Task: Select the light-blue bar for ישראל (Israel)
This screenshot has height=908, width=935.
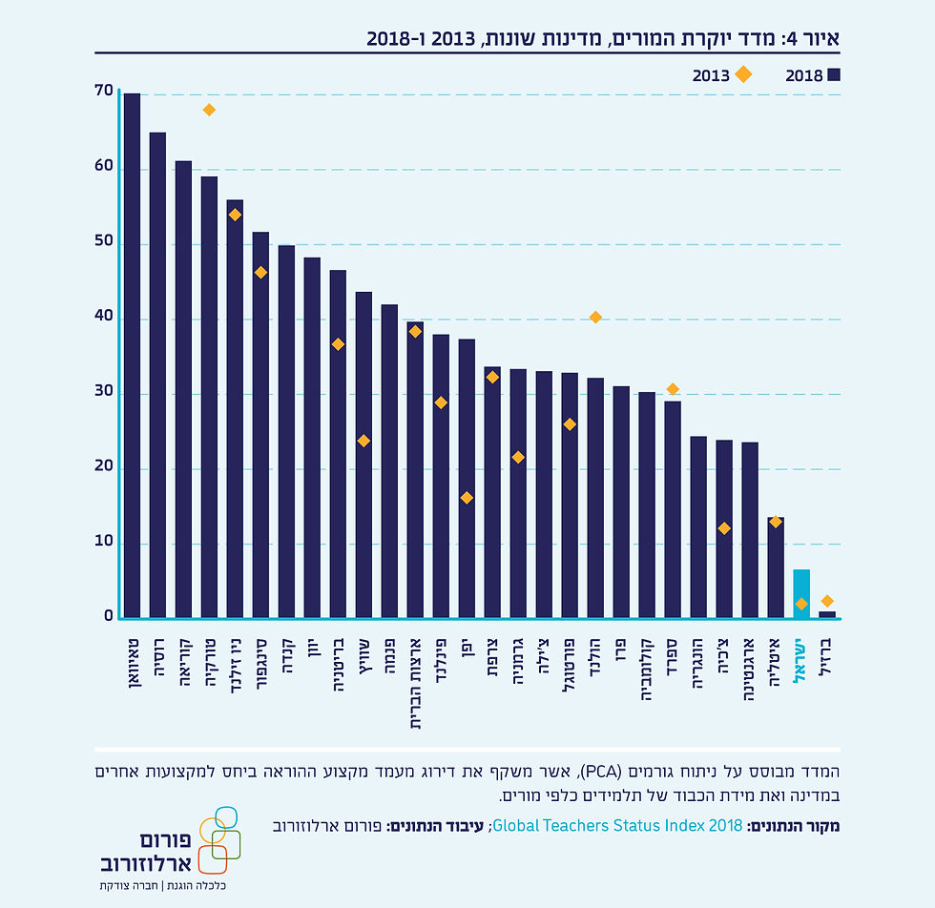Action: tap(801, 593)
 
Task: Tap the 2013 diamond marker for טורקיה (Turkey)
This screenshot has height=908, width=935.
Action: tap(209, 110)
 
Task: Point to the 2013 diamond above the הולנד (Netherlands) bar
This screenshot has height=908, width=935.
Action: tap(595, 317)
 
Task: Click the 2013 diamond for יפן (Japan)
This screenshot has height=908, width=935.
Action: tap(467, 498)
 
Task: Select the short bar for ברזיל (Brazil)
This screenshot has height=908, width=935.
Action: tap(827, 614)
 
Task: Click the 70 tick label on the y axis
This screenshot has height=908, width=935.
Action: tap(104, 92)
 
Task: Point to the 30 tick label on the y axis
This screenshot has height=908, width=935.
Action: tap(104, 392)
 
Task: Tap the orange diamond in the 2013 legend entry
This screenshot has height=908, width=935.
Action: tap(741, 74)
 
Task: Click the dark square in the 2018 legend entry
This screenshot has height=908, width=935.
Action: tap(833, 75)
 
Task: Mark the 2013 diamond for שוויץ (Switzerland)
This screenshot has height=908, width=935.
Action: tap(364, 441)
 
